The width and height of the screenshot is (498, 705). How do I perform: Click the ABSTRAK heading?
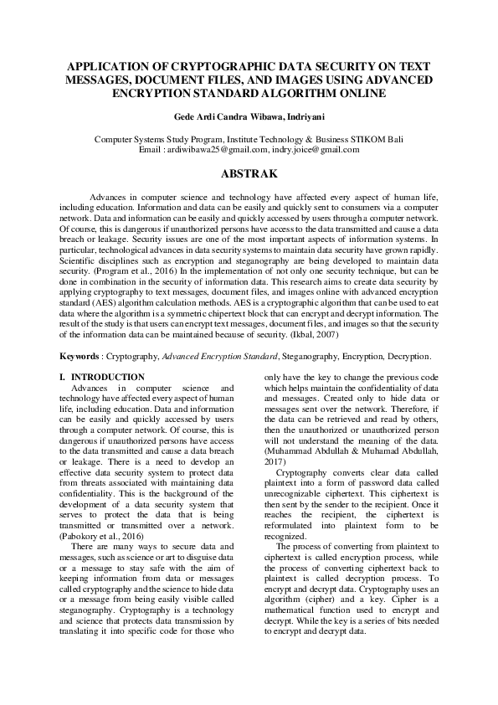(x=249, y=177)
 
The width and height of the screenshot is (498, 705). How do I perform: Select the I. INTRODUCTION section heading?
(x=101, y=378)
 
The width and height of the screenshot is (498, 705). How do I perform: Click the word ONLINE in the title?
(x=357, y=94)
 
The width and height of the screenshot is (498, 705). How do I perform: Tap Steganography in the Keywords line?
(x=311, y=356)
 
